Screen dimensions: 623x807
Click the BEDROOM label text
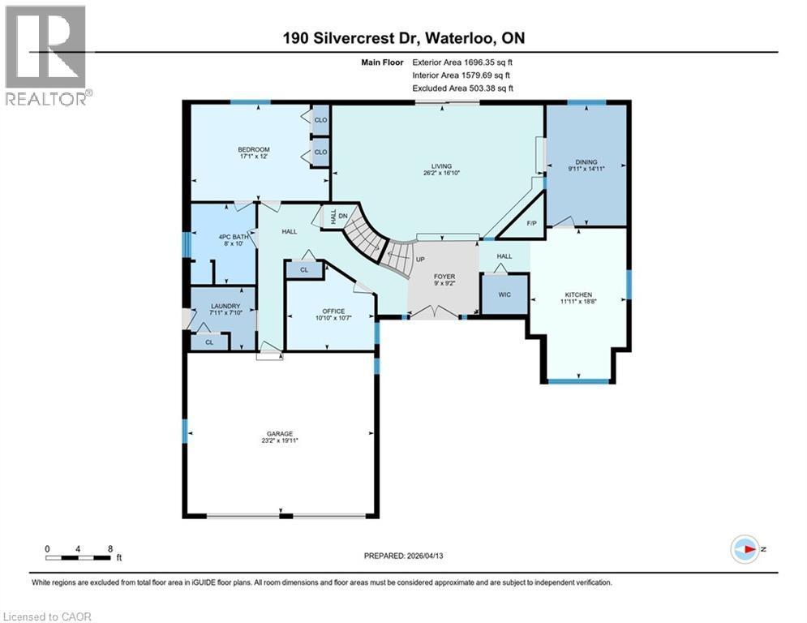(253, 149)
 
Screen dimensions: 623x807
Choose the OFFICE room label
(333, 311)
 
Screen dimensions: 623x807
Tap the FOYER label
(443, 277)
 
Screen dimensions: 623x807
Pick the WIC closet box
(504, 294)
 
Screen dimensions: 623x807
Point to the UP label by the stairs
(420, 260)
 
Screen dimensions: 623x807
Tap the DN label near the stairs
(342, 216)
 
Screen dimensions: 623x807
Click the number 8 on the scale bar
(109, 548)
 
